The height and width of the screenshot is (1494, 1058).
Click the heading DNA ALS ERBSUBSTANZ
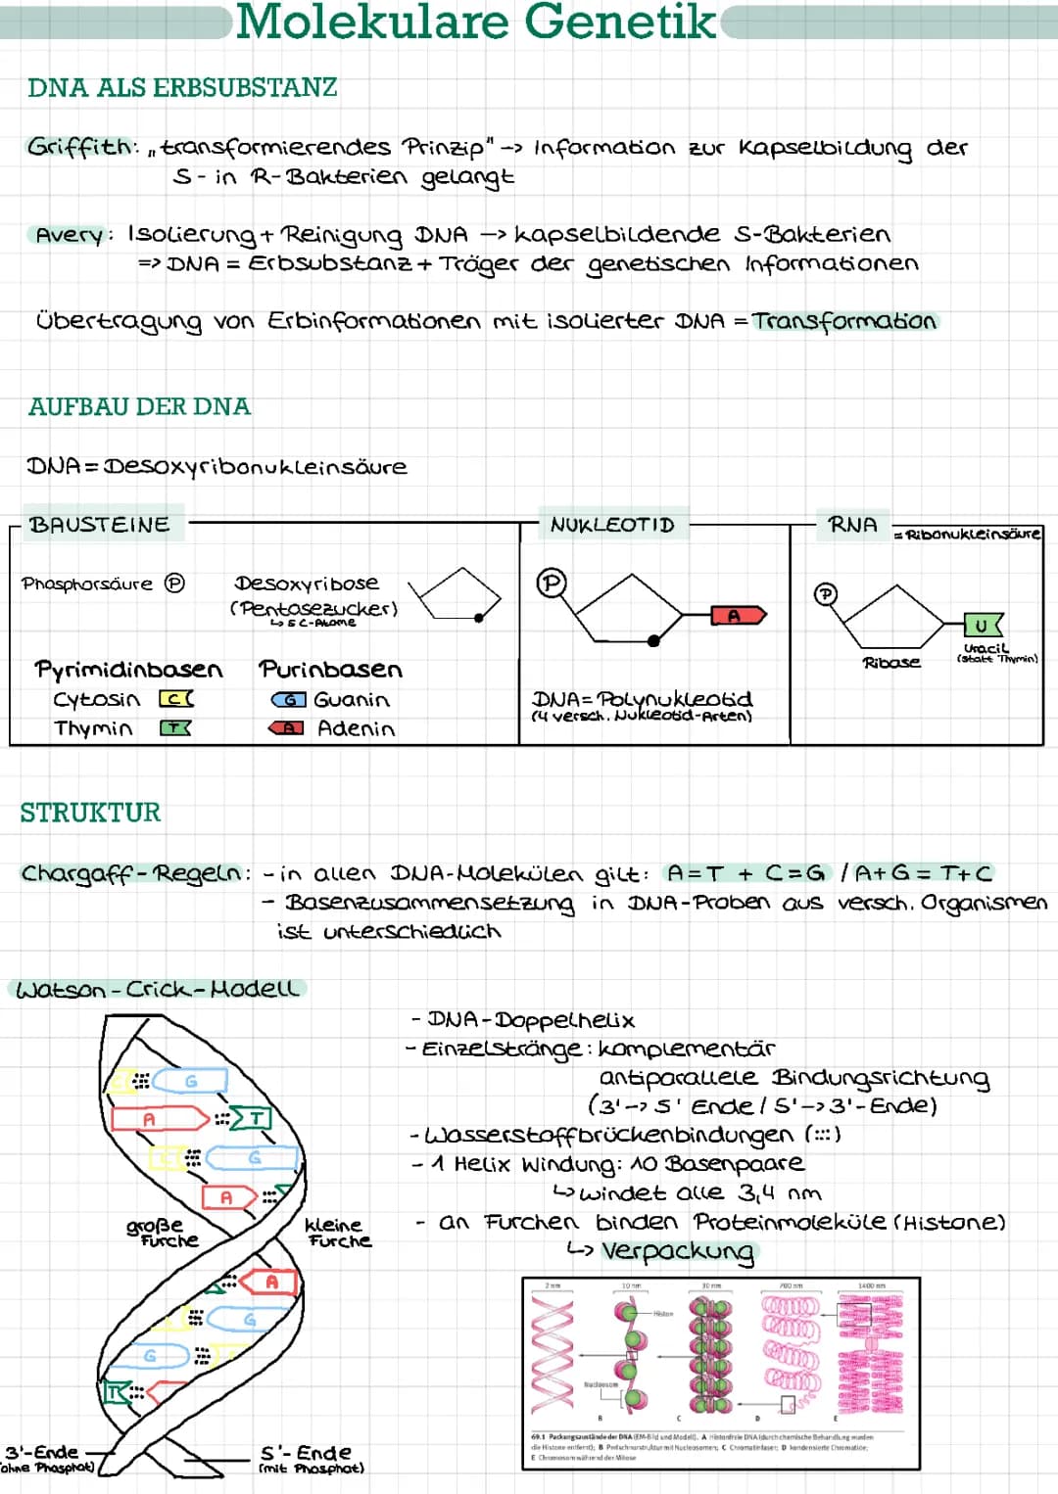click(182, 88)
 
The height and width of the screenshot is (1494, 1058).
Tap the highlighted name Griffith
click(81, 147)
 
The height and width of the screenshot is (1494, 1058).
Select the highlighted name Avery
click(69, 235)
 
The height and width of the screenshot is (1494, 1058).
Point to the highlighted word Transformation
click(844, 321)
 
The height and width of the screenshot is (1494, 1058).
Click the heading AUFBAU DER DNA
click(139, 406)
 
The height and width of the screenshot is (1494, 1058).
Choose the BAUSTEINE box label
click(99, 525)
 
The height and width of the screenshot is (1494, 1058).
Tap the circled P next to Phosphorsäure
click(174, 584)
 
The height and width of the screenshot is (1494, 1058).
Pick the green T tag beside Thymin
click(175, 728)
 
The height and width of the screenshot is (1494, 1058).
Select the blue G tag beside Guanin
click(288, 700)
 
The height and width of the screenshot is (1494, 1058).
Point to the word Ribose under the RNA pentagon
click(890, 663)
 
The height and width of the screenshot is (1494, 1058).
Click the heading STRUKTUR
click(90, 813)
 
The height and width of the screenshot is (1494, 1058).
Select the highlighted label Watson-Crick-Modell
click(156, 990)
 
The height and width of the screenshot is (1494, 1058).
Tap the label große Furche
click(162, 1233)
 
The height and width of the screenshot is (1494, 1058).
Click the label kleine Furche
click(338, 1233)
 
